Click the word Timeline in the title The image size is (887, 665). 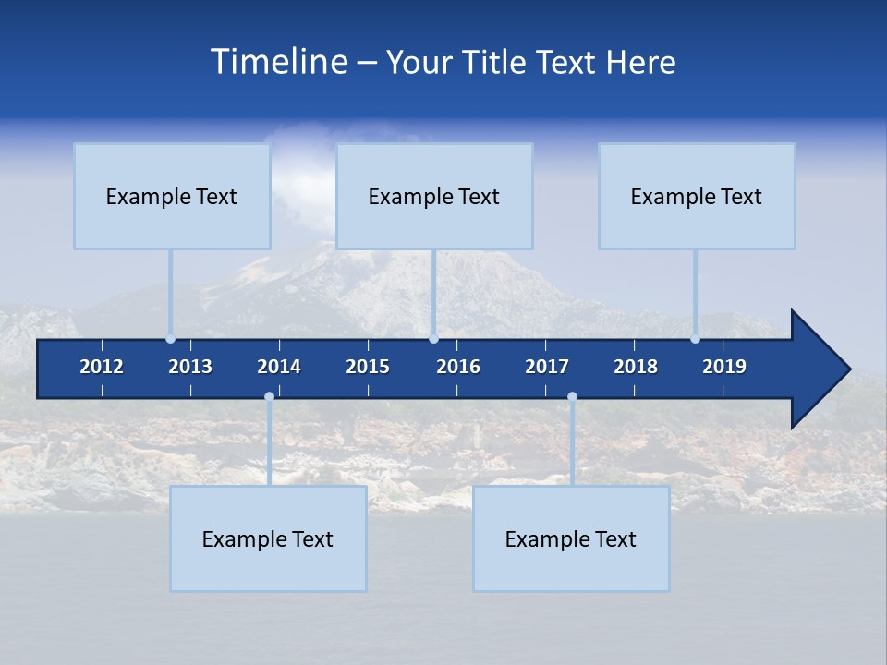pyautogui.click(x=278, y=62)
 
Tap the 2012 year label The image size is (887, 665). pyautogui.click(x=102, y=367)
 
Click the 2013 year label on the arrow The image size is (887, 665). pyautogui.click(x=190, y=367)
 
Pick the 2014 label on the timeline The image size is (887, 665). pyautogui.click(x=279, y=367)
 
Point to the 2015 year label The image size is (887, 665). pyautogui.click(x=368, y=367)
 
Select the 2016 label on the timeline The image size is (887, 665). pyautogui.click(x=458, y=367)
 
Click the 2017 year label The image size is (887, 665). pyautogui.click(x=547, y=367)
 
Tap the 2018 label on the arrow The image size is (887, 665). pyautogui.click(x=636, y=367)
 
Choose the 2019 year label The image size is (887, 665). pyautogui.click(x=724, y=367)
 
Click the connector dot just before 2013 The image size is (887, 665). pyautogui.click(x=170, y=339)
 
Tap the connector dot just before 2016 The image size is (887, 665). pyautogui.click(x=433, y=339)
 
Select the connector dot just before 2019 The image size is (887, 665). pyautogui.click(x=696, y=339)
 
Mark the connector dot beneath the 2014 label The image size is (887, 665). pyautogui.click(x=269, y=397)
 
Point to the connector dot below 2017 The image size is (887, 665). pyautogui.click(x=572, y=397)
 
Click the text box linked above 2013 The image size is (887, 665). pyautogui.click(x=172, y=196)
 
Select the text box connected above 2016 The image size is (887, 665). pyautogui.click(x=434, y=196)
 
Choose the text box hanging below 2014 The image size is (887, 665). pyautogui.click(x=268, y=538)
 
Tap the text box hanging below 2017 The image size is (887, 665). pyautogui.click(x=571, y=538)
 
